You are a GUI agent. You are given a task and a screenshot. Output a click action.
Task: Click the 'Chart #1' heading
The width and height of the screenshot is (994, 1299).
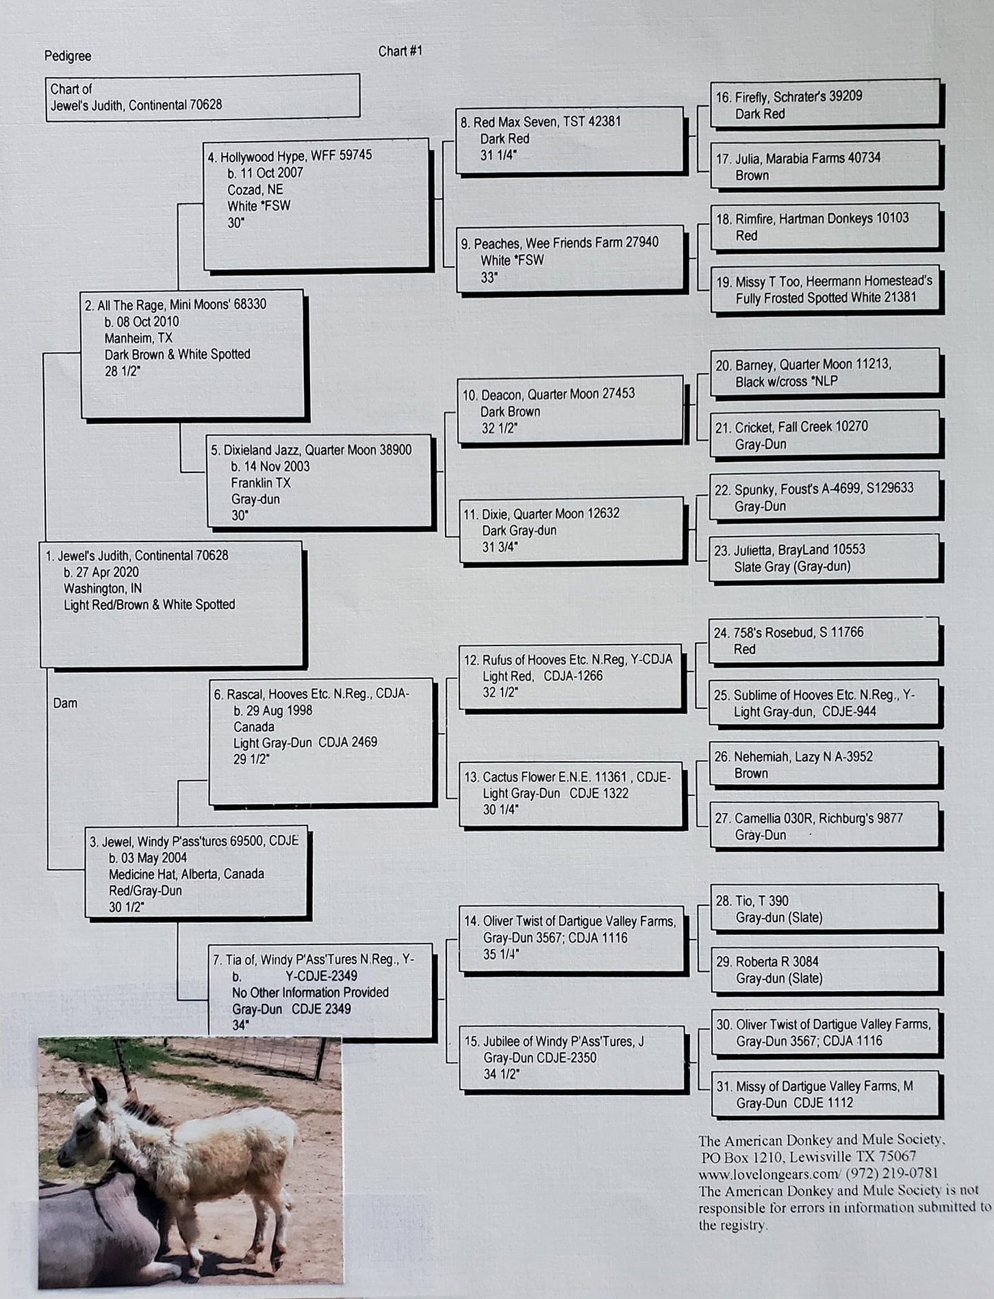(x=400, y=51)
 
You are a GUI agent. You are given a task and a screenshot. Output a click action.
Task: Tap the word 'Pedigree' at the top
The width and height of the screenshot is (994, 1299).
(x=68, y=56)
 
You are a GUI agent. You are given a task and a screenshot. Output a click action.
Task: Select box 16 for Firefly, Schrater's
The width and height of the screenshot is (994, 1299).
(x=824, y=104)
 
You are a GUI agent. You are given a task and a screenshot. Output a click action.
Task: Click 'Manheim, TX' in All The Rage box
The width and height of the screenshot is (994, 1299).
(x=138, y=338)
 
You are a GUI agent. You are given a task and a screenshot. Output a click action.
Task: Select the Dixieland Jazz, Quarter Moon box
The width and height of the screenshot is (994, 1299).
(x=320, y=482)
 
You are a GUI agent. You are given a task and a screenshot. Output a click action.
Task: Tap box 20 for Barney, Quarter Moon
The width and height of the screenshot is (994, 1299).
(x=824, y=373)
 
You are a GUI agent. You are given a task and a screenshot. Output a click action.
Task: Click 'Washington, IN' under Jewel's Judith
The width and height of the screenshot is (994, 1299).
(x=103, y=589)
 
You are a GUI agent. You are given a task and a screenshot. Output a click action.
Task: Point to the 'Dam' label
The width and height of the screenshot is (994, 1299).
(x=65, y=704)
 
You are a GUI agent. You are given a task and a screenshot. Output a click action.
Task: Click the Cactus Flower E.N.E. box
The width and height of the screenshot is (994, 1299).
(x=571, y=793)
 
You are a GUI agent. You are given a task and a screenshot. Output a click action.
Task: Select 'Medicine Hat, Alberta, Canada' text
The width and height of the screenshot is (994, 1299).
(x=186, y=875)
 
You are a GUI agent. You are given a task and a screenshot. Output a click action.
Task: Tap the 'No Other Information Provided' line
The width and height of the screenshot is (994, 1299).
(x=310, y=993)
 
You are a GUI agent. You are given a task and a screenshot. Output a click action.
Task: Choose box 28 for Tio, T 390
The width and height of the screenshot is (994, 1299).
(x=824, y=909)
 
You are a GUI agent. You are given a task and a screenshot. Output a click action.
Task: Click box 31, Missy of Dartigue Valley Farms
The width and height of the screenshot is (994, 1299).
(x=824, y=1094)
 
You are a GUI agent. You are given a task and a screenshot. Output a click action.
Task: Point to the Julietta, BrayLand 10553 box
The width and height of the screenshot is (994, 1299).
(x=824, y=558)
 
